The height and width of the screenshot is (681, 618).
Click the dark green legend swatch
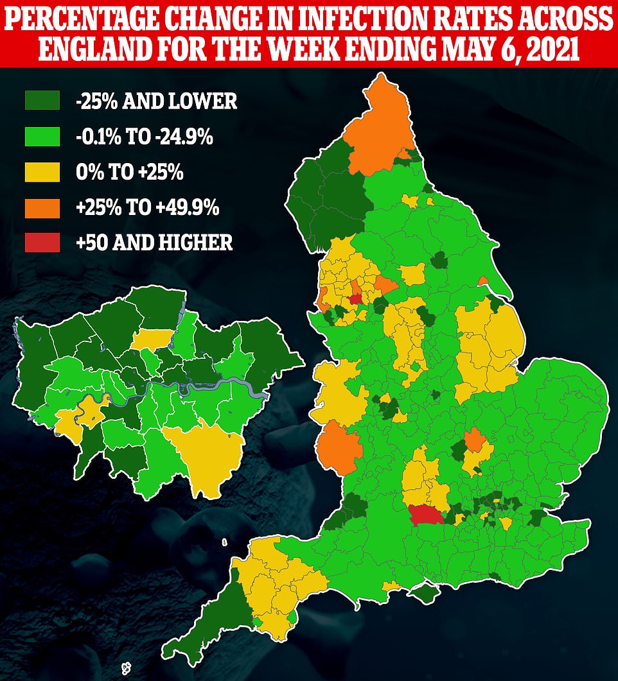point(42,100)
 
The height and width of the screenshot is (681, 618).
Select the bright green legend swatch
point(42,136)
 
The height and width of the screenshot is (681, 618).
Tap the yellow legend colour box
point(42,171)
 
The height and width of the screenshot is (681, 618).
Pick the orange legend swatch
point(42,207)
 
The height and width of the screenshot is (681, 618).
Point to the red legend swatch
point(42,242)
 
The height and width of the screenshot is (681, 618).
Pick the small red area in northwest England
point(355,299)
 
